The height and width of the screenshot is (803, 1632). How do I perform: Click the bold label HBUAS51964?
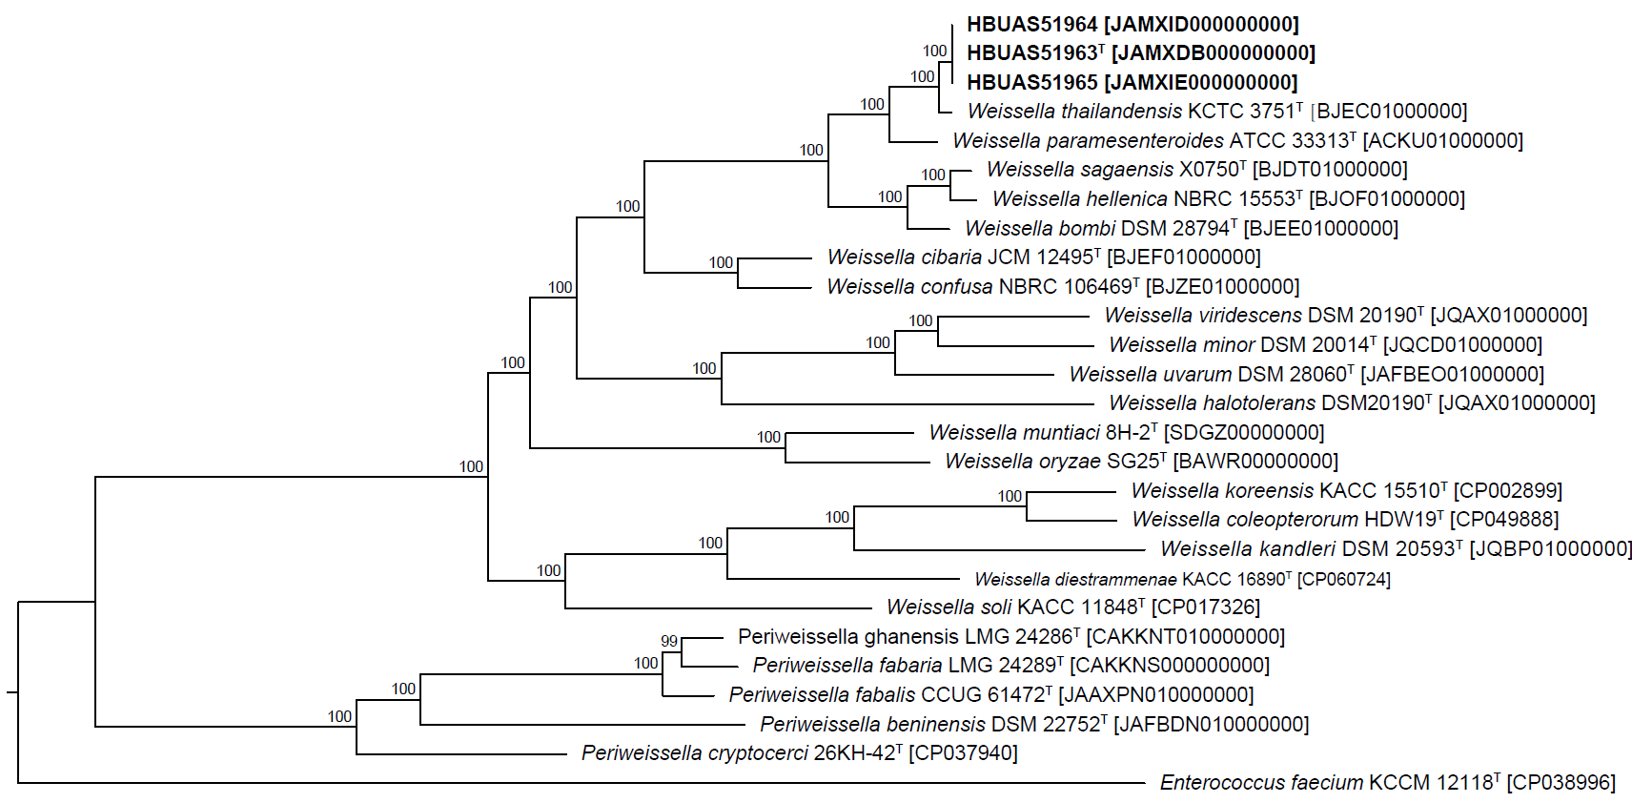coord(1031,25)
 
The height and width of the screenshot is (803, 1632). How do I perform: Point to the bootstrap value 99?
coord(669,642)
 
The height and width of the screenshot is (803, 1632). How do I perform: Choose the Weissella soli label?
coord(949,607)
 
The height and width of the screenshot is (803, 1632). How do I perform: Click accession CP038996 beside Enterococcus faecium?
coord(1561,783)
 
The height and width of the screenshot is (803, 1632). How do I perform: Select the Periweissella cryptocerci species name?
coord(695,753)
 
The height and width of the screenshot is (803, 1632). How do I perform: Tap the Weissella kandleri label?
coord(1248,549)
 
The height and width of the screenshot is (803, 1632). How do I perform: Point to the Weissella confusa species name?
coord(909,287)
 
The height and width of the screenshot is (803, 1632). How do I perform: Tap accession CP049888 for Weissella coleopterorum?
coord(1504,520)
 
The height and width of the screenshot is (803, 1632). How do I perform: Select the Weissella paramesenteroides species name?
coord(1088,141)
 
